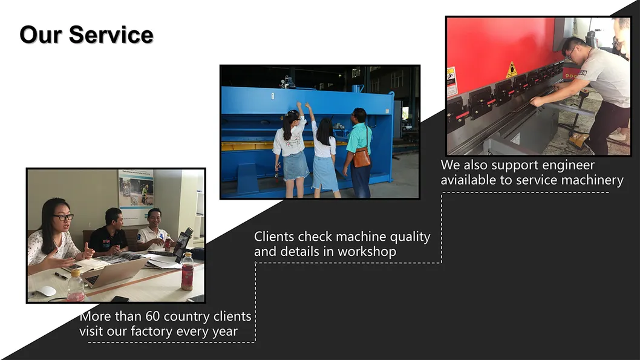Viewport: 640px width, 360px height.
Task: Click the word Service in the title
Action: (x=111, y=34)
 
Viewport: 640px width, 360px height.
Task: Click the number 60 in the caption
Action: (x=152, y=316)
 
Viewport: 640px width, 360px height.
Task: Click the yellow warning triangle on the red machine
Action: (x=511, y=70)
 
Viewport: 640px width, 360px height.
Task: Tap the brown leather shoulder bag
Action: (x=362, y=157)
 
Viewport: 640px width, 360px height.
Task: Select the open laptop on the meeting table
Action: (x=114, y=272)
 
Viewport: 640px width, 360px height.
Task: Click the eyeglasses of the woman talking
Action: (x=64, y=218)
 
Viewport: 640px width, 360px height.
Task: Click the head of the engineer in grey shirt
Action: (x=573, y=48)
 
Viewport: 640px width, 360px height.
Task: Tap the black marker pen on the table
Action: (x=61, y=276)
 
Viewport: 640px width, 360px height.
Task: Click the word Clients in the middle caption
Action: (x=274, y=237)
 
